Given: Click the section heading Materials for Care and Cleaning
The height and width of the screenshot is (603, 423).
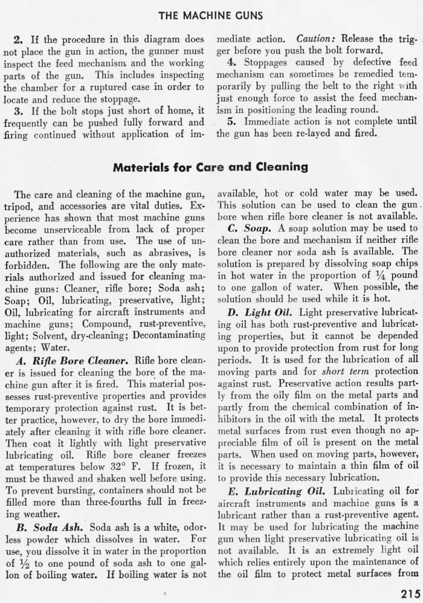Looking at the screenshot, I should tap(211, 166).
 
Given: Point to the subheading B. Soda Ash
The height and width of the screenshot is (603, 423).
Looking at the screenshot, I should tap(56, 526).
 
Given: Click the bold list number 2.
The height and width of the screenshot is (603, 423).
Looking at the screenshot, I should tap(18, 40).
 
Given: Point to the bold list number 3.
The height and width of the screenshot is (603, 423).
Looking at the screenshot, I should tap(18, 111).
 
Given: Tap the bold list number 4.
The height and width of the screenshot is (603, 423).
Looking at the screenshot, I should tap(231, 62).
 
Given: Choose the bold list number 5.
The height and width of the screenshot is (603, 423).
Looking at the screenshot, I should tap(231, 121).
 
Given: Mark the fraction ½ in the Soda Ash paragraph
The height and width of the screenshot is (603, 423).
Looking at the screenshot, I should tap(27, 562).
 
